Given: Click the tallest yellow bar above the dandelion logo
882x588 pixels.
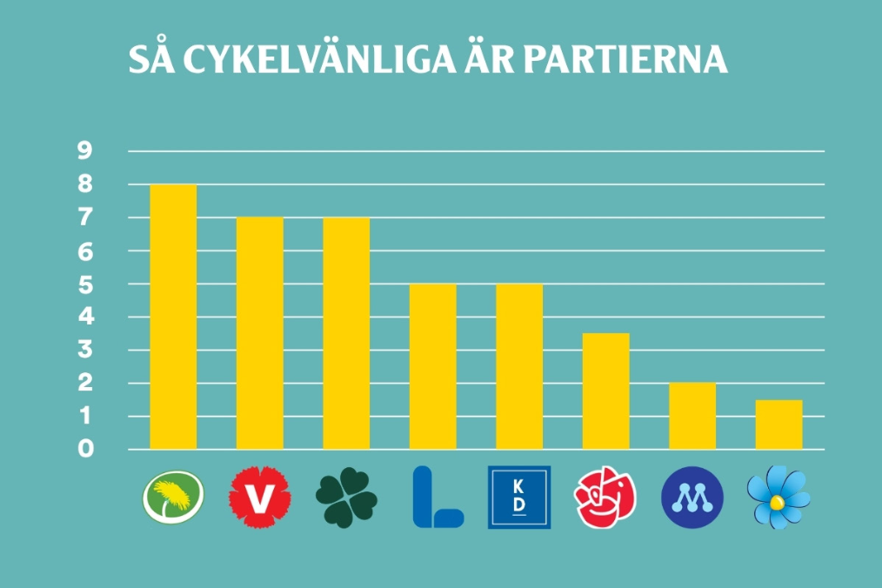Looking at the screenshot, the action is coord(173,317).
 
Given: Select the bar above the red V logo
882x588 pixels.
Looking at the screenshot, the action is coord(260,333).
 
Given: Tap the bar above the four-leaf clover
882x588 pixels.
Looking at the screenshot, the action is coord(346,333).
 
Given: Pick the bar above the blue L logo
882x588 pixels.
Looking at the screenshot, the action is coord(433,366).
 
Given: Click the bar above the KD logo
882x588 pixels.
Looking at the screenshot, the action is coord(519,366).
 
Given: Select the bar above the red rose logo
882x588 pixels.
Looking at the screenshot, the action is coord(605,391).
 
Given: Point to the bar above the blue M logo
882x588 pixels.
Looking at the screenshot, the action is coord(692,416).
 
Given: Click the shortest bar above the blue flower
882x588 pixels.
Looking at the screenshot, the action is coord(779,424).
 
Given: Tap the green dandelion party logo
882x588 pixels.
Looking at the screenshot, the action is coord(173,498).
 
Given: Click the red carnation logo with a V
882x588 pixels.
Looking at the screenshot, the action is coord(260,498).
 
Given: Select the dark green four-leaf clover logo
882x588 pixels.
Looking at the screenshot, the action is coord(346,498).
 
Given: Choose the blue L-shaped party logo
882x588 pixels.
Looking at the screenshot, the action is coord(438,498).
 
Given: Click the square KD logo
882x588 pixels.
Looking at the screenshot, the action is coord(519,498).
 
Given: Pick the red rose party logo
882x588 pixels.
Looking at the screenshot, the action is coord(605,498).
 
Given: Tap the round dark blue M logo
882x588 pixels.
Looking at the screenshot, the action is coord(692,498).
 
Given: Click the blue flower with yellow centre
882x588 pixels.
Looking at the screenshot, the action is coord(778,498).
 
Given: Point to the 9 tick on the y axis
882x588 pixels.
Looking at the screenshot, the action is coord(85,150).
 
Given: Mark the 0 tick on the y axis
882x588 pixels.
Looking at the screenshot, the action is coord(85,449).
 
